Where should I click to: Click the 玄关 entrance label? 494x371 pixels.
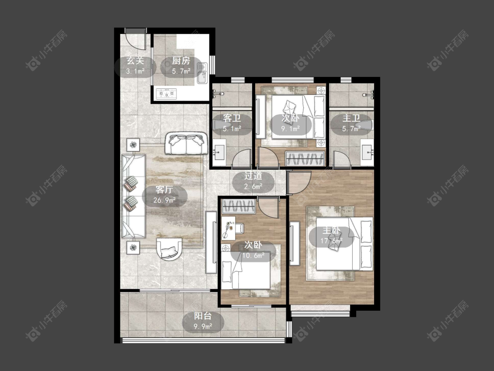point(135,61)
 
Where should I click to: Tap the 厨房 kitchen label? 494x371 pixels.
point(181,61)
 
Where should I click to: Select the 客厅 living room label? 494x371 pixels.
point(164,190)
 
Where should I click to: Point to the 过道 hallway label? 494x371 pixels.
point(253,176)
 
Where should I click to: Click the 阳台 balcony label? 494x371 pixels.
point(203,316)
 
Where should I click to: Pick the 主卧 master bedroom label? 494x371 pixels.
point(332,231)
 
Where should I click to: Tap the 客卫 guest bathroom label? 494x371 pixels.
point(232,118)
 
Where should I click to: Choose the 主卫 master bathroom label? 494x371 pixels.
point(351,118)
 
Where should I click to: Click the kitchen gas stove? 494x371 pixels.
point(166,93)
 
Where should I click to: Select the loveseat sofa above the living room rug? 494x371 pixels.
point(186,143)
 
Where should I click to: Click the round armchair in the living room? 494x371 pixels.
point(169,249)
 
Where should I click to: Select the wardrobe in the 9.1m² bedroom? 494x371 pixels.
point(305,158)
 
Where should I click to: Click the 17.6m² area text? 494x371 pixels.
point(332,241)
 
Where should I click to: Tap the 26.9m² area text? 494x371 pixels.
point(164,200)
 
